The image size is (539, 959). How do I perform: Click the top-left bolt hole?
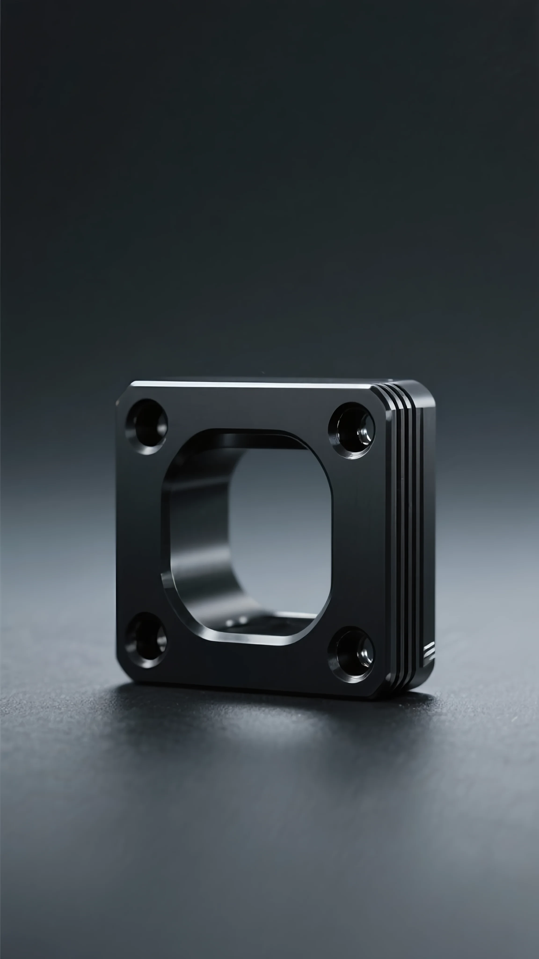[146, 427]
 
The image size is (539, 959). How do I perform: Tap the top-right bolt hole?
[352, 431]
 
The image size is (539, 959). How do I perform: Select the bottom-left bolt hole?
[146, 640]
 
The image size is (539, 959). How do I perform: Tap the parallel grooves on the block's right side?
[405, 521]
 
